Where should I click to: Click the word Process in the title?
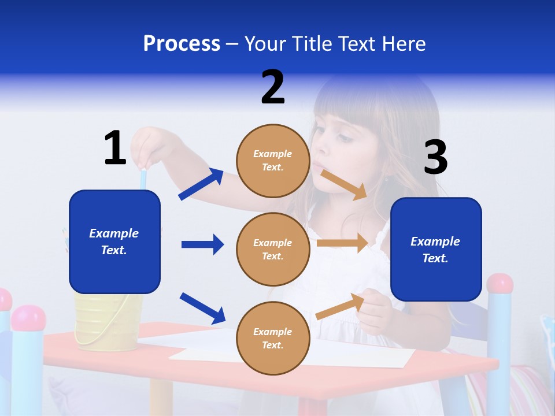(182, 44)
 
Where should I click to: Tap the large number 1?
(115, 148)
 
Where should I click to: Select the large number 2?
(273, 87)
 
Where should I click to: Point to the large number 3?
(435, 158)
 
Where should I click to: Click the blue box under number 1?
(114, 242)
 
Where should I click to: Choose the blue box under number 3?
(436, 249)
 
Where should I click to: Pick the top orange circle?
(273, 161)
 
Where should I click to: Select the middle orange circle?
(273, 249)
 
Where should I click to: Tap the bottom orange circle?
(273, 338)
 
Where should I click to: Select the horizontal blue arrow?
(202, 244)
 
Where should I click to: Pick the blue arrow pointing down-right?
(202, 307)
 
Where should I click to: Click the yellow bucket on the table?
(108, 321)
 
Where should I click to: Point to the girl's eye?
(345, 138)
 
